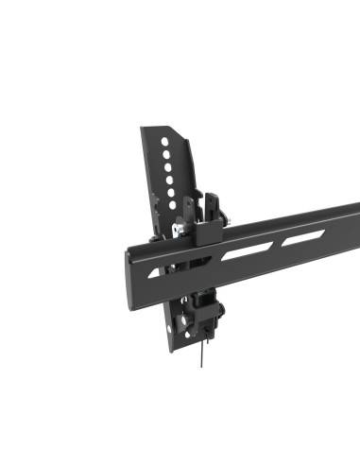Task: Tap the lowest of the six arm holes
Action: point(173,202)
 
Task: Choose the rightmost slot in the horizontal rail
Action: point(300,238)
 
